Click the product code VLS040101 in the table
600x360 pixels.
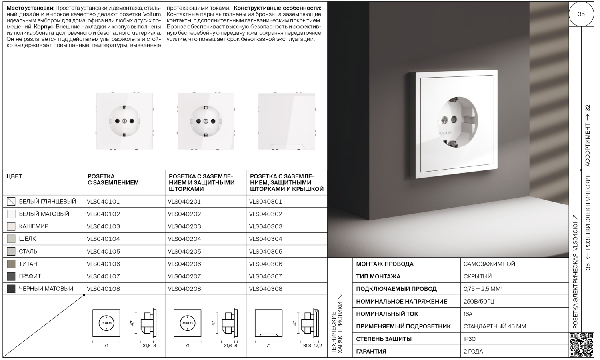pos(103,202)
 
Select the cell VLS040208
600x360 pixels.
pos(184,289)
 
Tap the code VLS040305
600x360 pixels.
pos(266,252)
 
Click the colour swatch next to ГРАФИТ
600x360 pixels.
pos(11,276)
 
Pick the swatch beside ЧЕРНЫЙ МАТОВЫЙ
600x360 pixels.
pos(11,289)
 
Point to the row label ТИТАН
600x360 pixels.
pos(28,264)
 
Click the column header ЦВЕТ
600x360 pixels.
pos(14,176)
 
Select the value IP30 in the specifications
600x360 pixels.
pos(470,339)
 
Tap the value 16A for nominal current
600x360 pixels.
pos(468,314)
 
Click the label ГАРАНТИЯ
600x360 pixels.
pos(371,352)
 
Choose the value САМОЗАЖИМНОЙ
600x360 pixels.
pos(489,264)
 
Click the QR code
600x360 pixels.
pos(581,344)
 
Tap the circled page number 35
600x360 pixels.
pos(581,14)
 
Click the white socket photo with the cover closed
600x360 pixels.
pos(286,121)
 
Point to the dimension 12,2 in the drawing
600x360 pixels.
pos(318,346)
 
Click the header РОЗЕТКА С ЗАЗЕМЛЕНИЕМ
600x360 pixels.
pos(113,180)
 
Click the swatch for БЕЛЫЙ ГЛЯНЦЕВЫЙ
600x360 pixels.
pos(11,202)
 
